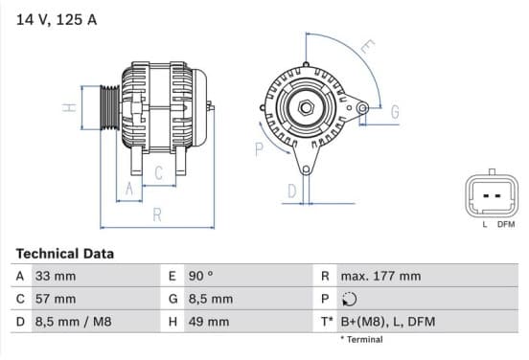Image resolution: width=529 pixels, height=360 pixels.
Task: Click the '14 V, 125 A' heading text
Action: (x=57, y=19)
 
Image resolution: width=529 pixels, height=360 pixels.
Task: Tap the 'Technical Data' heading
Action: (x=65, y=254)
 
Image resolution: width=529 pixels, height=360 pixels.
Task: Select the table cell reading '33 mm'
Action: (x=56, y=276)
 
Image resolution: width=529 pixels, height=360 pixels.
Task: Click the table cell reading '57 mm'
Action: (x=56, y=299)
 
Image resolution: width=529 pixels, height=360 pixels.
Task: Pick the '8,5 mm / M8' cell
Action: (x=73, y=322)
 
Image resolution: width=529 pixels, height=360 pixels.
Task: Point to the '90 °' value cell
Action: (x=200, y=276)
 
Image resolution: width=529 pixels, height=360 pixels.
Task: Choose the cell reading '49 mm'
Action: (x=209, y=322)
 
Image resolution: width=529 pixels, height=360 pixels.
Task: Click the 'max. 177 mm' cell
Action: (x=380, y=276)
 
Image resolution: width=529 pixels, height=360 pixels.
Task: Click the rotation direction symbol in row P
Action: (x=349, y=299)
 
